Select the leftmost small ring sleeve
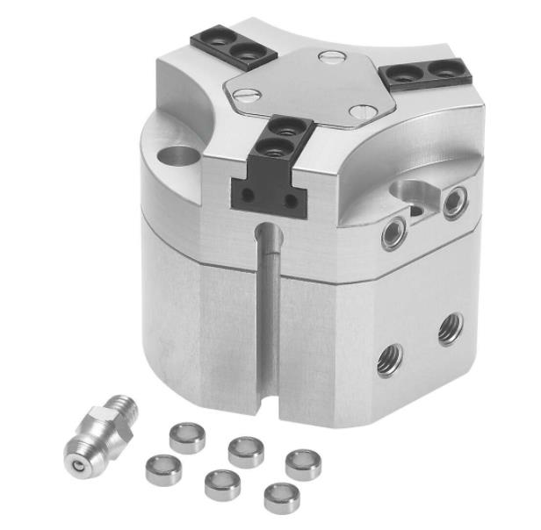(163, 469)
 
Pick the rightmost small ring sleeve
(302, 463)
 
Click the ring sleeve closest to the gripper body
(187, 436)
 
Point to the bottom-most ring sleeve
(281, 497)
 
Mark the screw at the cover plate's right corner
(362, 112)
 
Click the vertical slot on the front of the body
(269, 307)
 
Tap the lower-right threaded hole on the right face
(451, 328)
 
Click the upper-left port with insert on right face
(392, 233)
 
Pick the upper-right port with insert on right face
(454, 204)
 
